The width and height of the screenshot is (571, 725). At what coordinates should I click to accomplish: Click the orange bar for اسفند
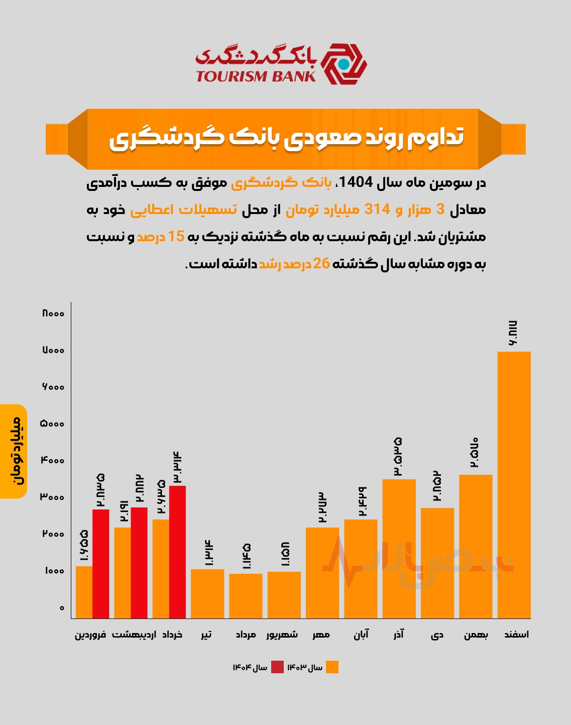point(514,485)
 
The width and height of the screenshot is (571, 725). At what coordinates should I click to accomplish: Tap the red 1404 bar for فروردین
point(100,564)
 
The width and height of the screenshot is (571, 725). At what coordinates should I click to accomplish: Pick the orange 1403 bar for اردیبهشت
point(122,573)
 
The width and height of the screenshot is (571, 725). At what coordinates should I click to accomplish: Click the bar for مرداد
point(246,596)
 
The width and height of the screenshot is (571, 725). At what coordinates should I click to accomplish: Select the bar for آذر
point(399,549)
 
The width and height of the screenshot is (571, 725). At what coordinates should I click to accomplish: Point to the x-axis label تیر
point(206,635)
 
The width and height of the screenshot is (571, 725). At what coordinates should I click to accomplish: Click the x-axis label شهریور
point(282,635)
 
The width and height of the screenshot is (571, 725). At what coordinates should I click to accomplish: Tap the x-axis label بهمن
point(476,635)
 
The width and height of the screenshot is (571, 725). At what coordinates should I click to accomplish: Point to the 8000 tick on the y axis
point(53,314)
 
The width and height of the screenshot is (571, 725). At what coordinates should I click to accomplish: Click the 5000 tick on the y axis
point(53,424)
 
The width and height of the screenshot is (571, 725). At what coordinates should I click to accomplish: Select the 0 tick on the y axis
point(62,608)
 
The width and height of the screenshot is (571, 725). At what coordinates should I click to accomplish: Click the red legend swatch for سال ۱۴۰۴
point(277,667)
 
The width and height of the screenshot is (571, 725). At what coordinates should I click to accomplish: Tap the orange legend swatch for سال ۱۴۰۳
point(332,667)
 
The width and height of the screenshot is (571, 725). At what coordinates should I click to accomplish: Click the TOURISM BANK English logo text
point(256,76)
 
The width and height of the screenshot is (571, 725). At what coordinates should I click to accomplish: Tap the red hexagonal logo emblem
point(344,64)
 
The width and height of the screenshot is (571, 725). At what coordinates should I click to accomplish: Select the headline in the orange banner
point(286,139)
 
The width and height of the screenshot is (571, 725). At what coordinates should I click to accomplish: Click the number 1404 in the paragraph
point(356,182)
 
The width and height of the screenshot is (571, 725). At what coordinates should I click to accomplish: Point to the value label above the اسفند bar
point(513,333)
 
